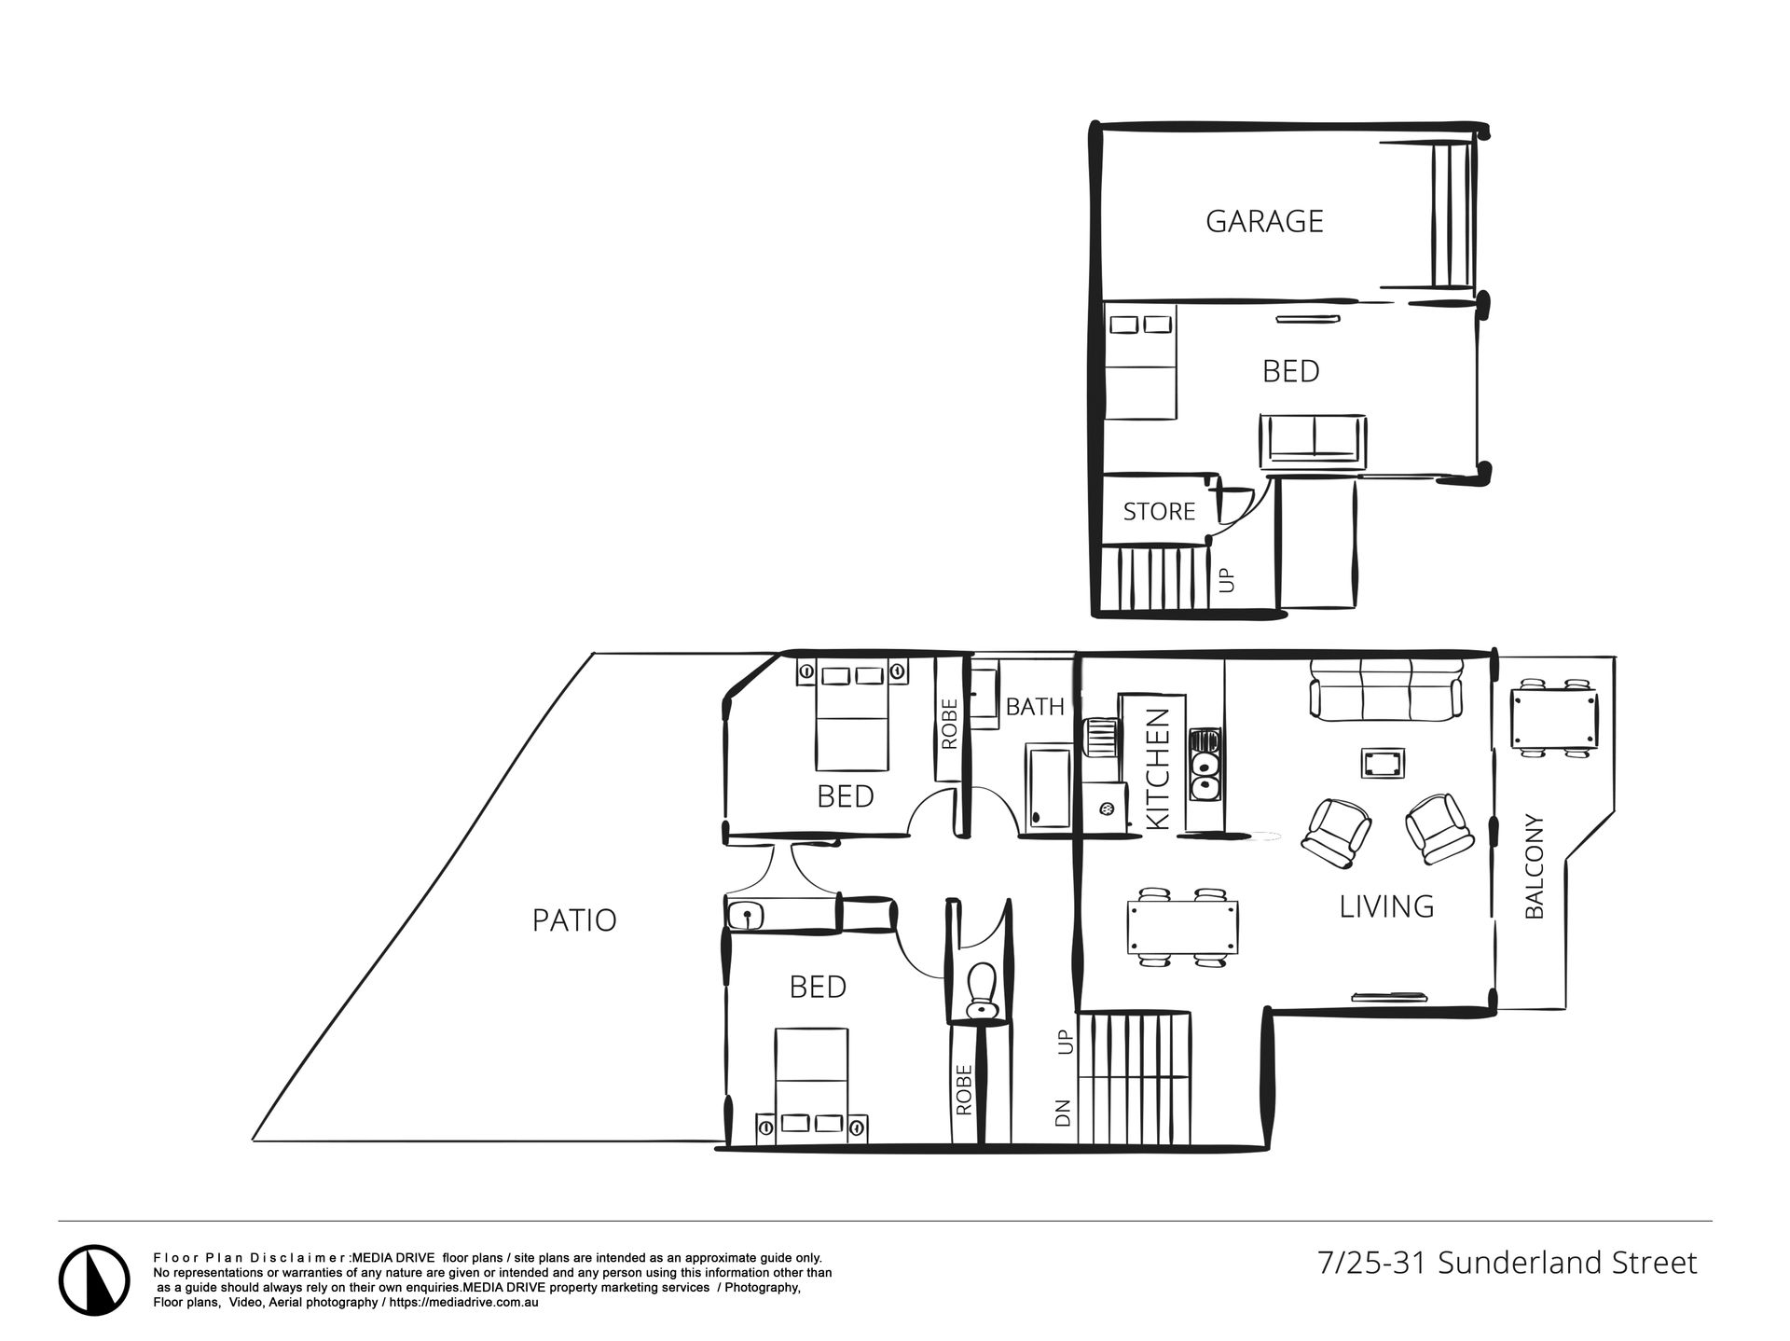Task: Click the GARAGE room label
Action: [x=1264, y=221]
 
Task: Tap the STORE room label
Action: [x=1159, y=511]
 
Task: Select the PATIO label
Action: [x=574, y=920]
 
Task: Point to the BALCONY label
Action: [x=1534, y=866]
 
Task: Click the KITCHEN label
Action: [x=1157, y=769]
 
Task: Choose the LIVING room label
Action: [x=1386, y=906]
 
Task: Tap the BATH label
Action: [x=1035, y=707]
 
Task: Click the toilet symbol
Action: [x=981, y=990]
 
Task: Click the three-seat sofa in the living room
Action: [x=1385, y=689]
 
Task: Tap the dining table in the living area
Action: [x=1183, y=927]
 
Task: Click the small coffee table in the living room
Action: [x=1384, y=763]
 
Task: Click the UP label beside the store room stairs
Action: [x=1228, y=580]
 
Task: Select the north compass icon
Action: [x=95, y=1281]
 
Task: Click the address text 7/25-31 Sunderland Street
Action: [x=1508, y=1264]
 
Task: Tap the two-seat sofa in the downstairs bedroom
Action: [x=1314, y=439]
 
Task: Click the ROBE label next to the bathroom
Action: [x=949, y=725]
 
